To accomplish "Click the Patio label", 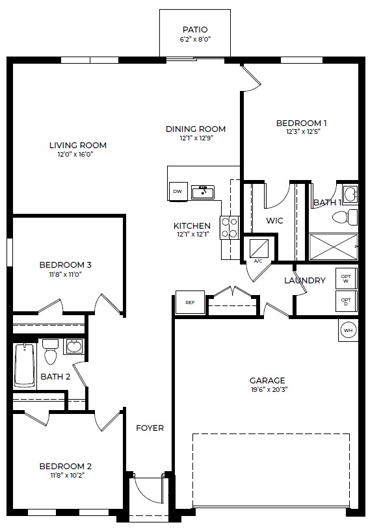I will (195, 30).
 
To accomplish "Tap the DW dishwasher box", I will (177, 192).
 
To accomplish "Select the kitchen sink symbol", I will (203, 192).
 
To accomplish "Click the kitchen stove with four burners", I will (229, 227).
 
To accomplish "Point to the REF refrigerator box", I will (190, 303).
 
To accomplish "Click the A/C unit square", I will (258, 248).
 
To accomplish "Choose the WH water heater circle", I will (348, 330).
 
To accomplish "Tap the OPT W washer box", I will (345, 279).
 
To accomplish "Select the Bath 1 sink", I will (349, 194).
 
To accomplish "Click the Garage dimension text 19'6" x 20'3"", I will (269, 390).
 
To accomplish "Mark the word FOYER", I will (150, 428).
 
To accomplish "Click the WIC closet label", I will (274, 221).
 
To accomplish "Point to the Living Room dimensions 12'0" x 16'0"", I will (77, 155).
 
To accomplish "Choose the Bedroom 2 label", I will (65, 467).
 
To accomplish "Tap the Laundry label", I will (304, 281).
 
